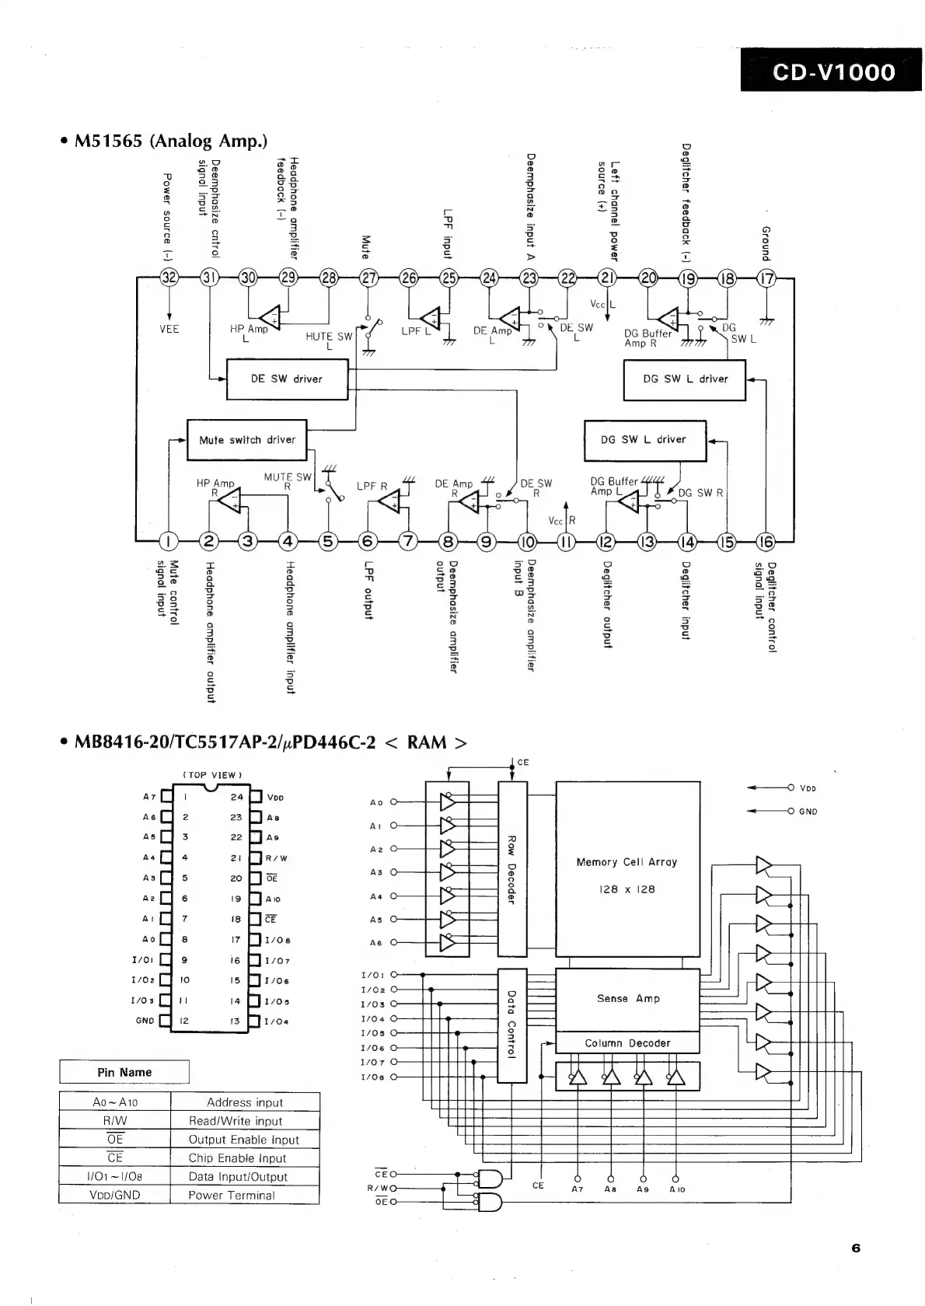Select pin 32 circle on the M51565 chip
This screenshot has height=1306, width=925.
pos(169,278)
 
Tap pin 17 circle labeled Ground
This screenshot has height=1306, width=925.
pos(766,278)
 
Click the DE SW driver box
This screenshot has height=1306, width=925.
pos(286,379)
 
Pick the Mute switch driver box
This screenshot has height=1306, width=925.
pos(247,440)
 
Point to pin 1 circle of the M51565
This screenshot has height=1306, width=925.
pos(169,541)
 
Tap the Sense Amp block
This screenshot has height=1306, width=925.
pos(627,999)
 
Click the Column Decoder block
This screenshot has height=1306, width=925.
pos(627,1043)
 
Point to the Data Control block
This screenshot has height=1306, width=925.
pos(511,1025)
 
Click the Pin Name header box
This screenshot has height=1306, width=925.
pos(124,1072)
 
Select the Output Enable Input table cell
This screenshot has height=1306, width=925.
pos(244,1140)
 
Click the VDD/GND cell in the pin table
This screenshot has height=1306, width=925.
pos(114,1196)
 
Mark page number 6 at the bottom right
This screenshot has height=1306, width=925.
pos(856,1248)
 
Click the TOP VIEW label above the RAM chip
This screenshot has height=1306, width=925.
pos(212,775)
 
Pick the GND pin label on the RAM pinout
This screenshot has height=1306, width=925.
pos(145,1021)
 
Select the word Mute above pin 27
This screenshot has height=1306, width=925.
pos(367,247)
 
